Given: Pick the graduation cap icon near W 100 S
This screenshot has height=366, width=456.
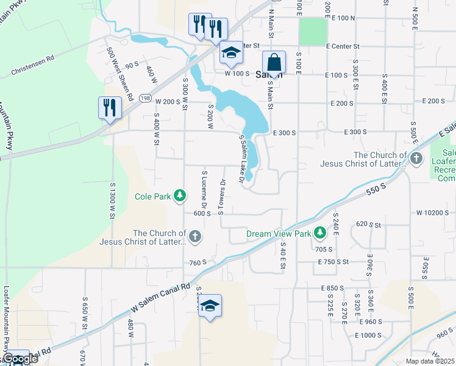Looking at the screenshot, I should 232,54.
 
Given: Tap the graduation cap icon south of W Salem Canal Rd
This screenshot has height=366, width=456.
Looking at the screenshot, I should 209,307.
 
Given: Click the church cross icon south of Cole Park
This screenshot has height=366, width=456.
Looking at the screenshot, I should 194,237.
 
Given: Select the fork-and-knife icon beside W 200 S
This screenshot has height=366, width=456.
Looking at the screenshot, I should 110,109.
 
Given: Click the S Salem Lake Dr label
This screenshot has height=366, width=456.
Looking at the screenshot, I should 242,159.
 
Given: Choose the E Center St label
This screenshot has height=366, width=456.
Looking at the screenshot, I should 343,46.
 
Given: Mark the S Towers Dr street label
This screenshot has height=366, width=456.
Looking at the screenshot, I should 223,196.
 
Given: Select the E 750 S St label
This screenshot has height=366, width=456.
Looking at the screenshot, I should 333,261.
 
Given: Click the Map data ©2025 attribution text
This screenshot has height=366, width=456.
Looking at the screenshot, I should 430,361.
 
